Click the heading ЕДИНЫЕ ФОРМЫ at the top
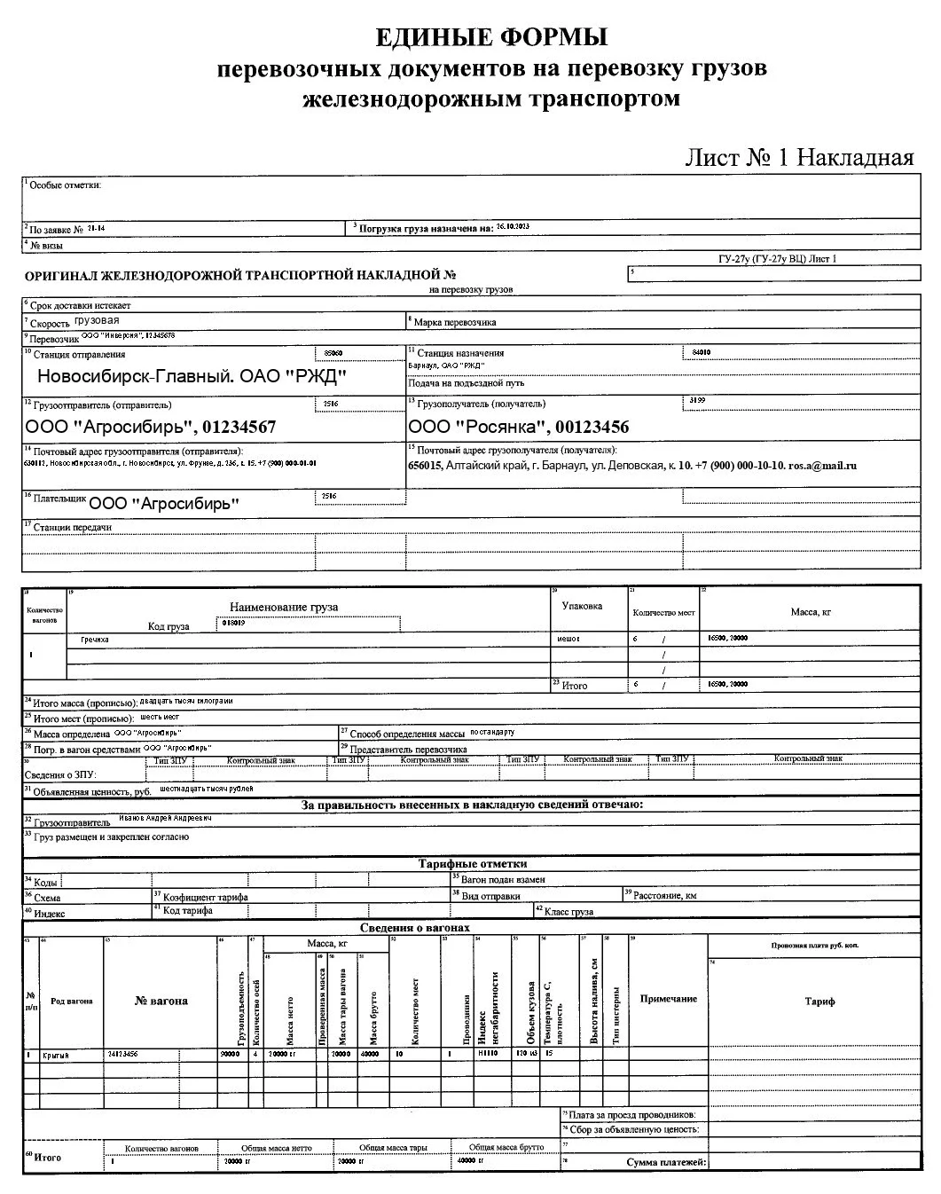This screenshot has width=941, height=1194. [x=491, y=37]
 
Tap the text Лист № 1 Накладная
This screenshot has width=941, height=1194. [x=798, y=158]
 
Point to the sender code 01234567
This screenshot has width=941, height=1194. [x=239, y=427]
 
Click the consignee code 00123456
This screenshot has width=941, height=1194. [x=592, y=427]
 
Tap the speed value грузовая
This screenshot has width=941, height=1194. [x=97, y=321]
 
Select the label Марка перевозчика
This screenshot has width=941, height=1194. [x=455, y=322]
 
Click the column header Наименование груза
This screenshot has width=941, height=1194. [x=284, y=607]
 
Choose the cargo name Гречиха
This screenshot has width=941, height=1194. [x=94, y=640]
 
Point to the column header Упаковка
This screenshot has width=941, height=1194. [x=582, y=606]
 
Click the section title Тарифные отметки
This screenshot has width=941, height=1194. [x=472, y=863]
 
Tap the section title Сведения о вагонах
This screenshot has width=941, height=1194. [x=414, y=928]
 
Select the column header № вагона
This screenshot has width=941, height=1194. [x=161, y=1001]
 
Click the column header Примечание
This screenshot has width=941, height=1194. [x=668, y=999]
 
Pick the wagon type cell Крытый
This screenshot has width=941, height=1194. [x=59, y=1056]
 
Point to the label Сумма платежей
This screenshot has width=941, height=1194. [x=665, y=1162]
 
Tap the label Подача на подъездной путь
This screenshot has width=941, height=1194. [x=467, y=383]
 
